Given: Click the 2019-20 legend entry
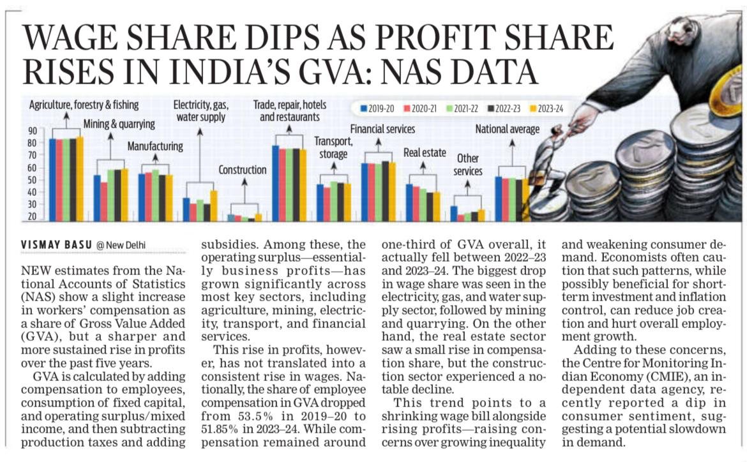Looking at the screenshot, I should pos(379,109).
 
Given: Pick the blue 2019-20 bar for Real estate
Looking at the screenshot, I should pos(409,202).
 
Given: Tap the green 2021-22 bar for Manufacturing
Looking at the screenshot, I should pos(155,195).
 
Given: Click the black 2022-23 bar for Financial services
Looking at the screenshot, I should pos(384,191).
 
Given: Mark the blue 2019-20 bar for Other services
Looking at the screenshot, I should pos(454,213).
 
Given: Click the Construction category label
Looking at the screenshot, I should pos(242,170).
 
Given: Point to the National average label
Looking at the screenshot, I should pos(507,130).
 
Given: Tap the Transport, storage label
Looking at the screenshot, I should pos(333,147).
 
